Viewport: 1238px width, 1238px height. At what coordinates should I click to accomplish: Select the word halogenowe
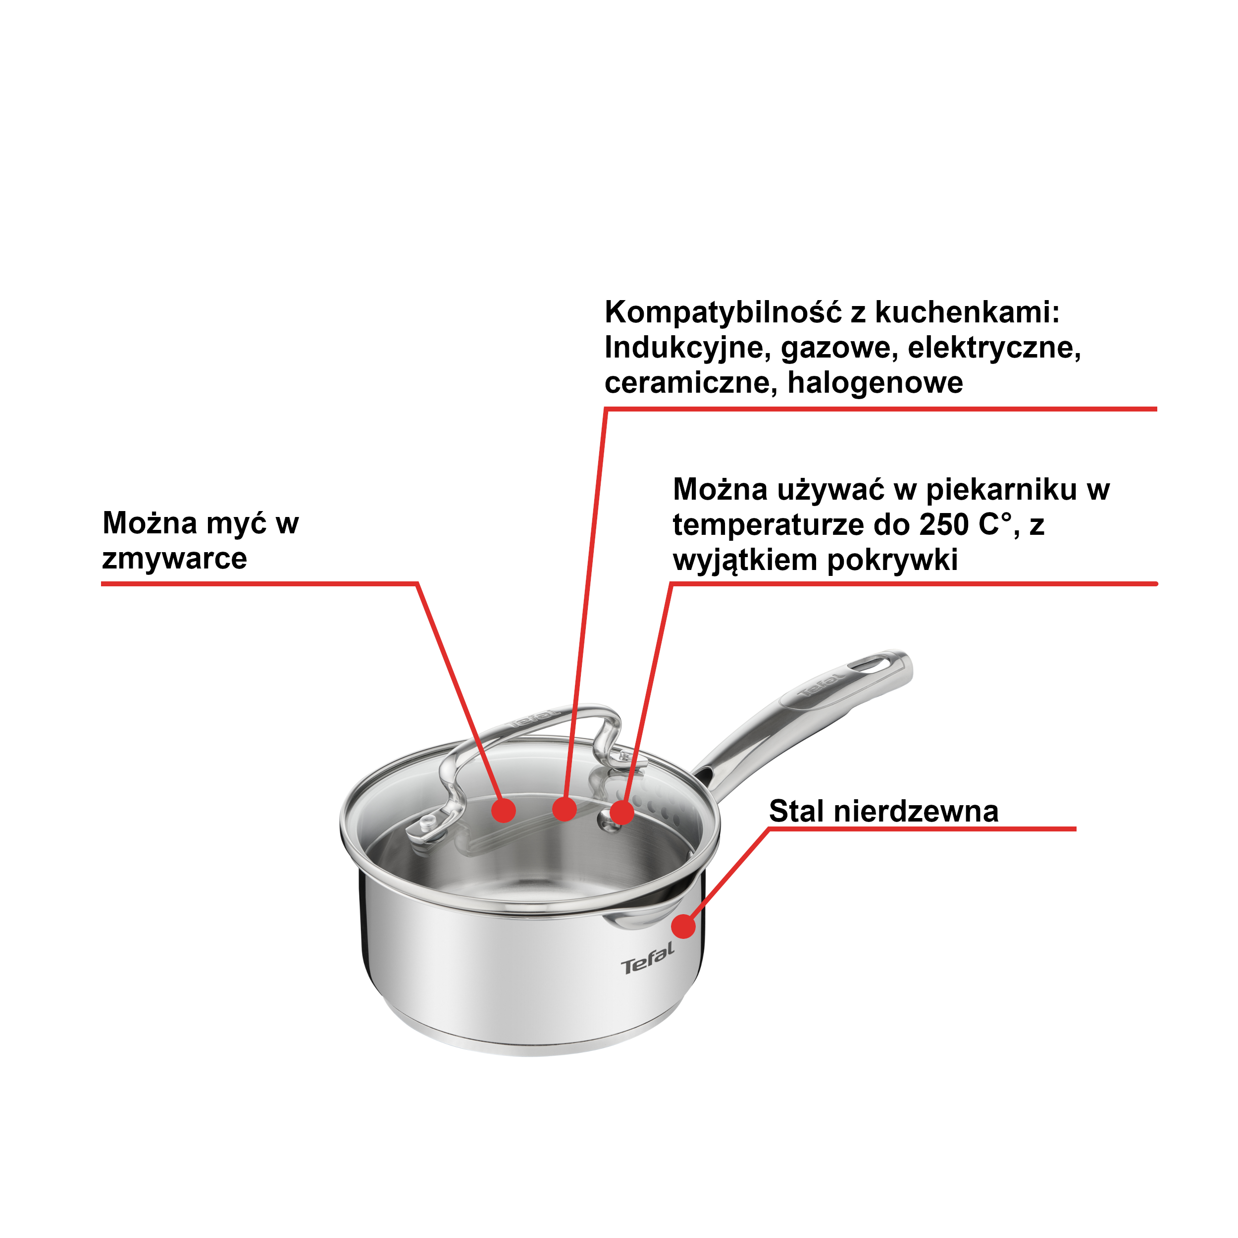[875, 383]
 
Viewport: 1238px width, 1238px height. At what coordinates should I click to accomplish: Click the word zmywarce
[174, 559]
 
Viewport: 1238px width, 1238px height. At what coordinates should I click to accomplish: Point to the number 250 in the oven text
[943, 525]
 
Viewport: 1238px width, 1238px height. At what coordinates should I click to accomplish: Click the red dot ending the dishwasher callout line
[504, 810]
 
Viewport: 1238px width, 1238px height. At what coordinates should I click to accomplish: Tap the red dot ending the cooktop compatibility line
[564, 809]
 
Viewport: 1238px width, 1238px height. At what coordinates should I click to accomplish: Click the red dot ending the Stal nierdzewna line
[684, 927]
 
